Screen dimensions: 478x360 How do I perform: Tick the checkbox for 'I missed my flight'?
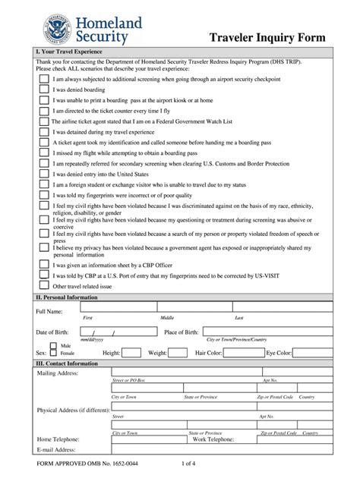[43, 152]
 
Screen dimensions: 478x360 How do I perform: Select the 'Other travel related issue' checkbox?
[43, 287]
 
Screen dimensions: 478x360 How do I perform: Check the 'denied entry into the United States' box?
[43, 174]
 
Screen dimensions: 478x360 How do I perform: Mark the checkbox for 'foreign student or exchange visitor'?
[43, 184]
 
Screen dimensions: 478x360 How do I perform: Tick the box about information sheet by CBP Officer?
[43, 265]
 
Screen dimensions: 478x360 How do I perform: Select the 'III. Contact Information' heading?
[68, 363]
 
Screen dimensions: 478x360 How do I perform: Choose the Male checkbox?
[54, 346]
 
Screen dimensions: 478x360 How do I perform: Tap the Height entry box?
[131, 353]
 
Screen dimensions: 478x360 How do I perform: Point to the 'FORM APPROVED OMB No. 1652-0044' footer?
[83, 463]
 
